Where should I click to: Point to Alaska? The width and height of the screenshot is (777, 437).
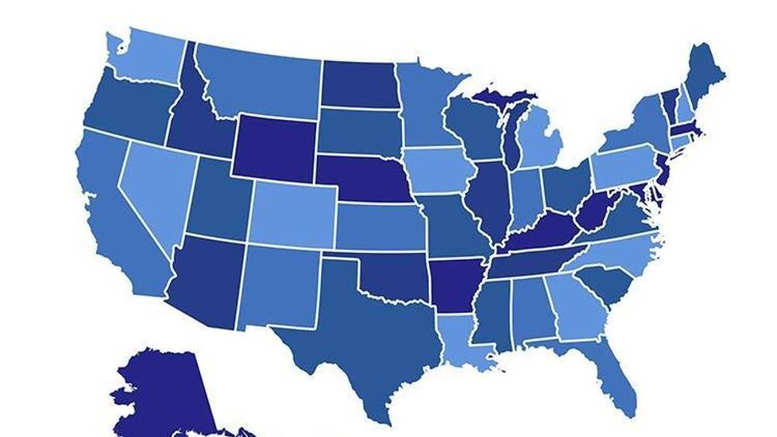[x=163, y=393]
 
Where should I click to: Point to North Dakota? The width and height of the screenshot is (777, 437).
[x=359, y=83]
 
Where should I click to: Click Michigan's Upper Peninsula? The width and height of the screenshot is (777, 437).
[x=501, y=99]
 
